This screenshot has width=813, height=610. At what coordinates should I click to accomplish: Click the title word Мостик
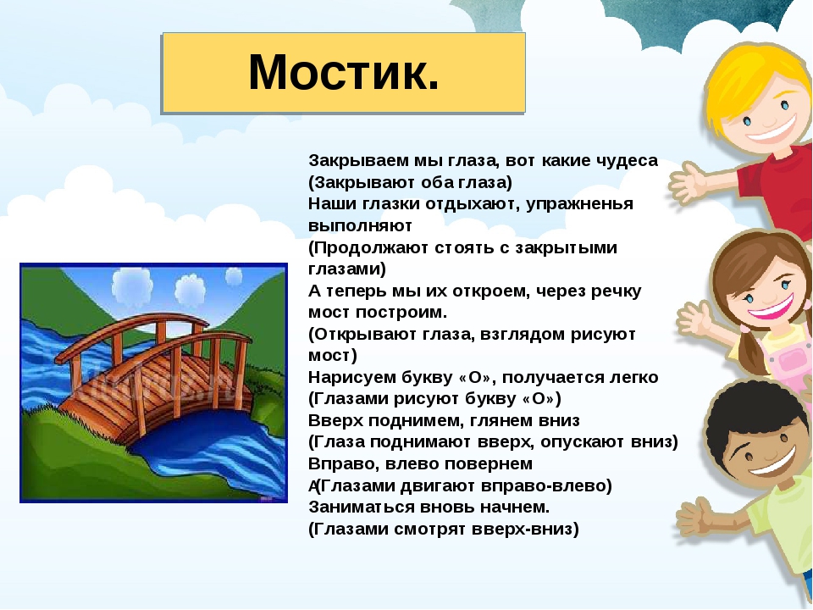pos(344,73)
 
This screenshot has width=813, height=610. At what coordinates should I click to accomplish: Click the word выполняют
pos(360,226)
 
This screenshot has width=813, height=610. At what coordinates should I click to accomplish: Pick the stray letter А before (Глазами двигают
pos(312,486)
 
